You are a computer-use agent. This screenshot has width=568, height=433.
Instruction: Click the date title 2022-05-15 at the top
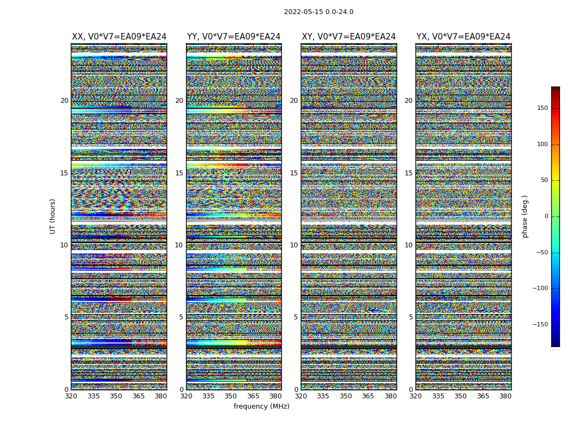[x=319, y=12]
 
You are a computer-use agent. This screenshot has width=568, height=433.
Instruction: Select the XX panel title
[x=119, y=37]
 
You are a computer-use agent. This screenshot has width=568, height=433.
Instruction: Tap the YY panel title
[x=234, y=37]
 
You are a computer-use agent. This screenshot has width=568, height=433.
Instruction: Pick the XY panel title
[x=348, y=37]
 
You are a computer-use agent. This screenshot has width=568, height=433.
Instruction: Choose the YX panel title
[x=463, y=37]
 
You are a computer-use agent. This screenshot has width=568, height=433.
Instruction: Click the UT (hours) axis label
[x=53, y=216]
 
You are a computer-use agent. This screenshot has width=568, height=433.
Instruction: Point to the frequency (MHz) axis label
[x=261, y=406]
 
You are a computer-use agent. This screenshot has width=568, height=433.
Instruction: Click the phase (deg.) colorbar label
[x=525, y=216]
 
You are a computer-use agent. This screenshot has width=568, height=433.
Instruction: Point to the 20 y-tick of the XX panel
[x=64, y=101]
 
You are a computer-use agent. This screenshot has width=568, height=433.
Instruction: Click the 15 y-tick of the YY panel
[x=179, y=173]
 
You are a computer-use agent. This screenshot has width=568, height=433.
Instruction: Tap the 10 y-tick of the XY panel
[x=294, y=245]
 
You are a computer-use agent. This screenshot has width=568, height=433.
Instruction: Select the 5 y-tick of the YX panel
[x=411, y=317]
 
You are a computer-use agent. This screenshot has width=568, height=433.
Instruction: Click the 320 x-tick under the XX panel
[x=71, y=396]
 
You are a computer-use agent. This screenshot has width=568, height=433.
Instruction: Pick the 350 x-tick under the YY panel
[x=231, y=396]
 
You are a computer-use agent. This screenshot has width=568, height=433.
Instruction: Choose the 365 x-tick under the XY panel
[x=368, y=396]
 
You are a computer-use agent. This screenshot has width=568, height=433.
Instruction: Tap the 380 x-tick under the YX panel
[x=505, y=396]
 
